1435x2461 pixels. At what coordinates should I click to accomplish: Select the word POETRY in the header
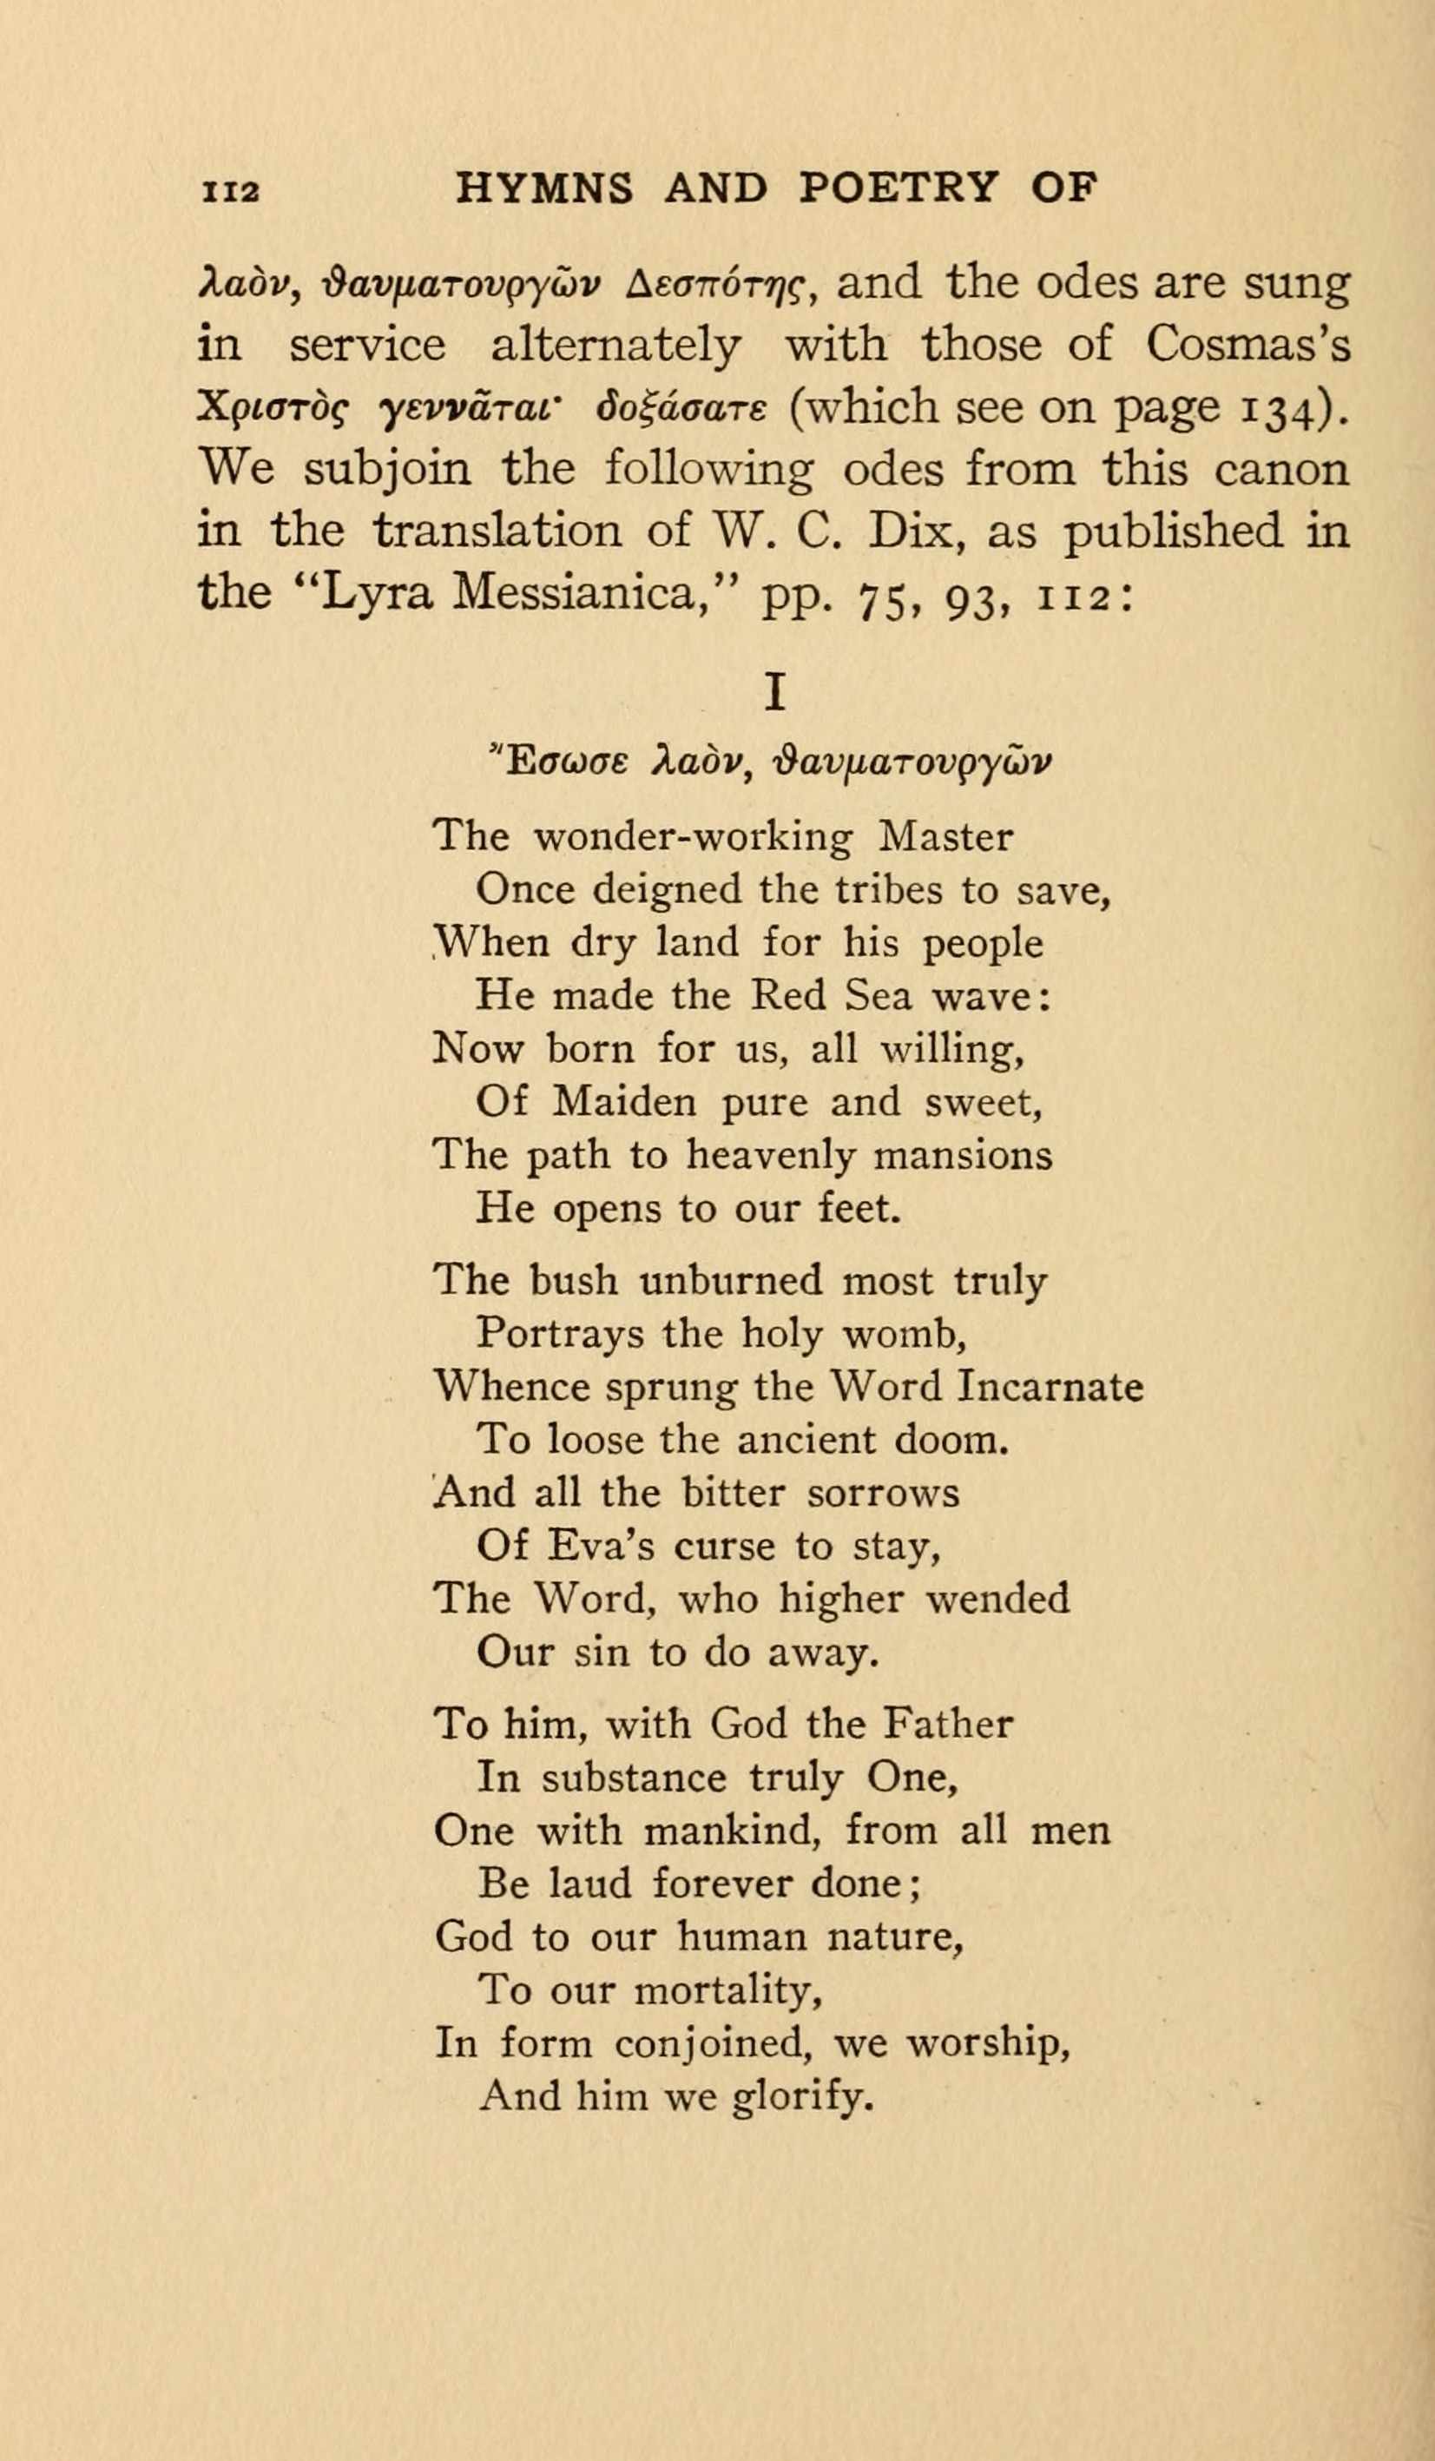click(899, 188)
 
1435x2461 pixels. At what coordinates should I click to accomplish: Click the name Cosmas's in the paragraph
click(1248, 345)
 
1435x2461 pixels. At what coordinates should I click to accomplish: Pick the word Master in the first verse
click(946, 838)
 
